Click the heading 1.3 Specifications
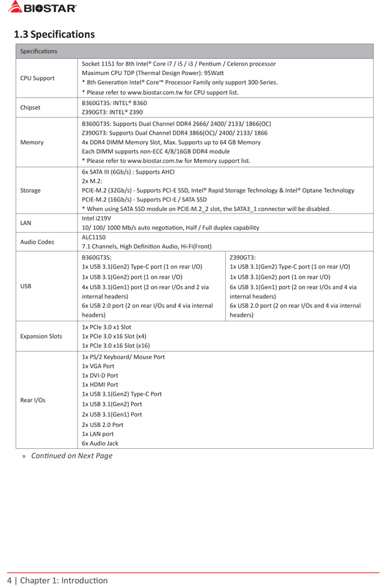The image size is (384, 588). click(54, 34)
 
